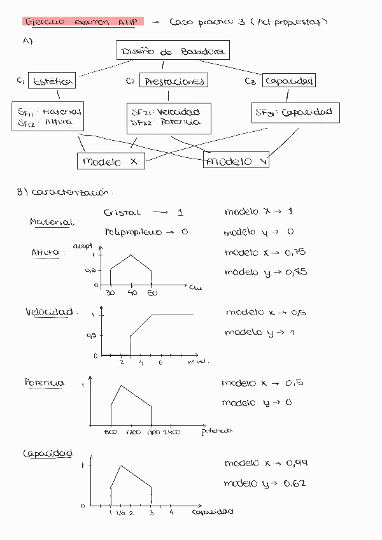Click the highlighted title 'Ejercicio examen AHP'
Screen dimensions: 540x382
click(83, 21)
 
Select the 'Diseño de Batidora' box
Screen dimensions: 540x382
click(173, 51)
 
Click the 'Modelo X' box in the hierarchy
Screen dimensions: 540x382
click(110, 162)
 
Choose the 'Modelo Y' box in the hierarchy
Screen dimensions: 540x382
click(236, 162)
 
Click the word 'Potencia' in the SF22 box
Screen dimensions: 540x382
click(181, 122)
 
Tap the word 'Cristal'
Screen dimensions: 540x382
click(122, 213)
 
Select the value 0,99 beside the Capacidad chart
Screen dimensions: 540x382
click(297, 464)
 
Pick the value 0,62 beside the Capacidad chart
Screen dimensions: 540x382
click(296, 483)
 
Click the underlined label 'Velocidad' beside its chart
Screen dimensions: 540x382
click(50, 313)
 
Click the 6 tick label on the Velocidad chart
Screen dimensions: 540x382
click(160, 362)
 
